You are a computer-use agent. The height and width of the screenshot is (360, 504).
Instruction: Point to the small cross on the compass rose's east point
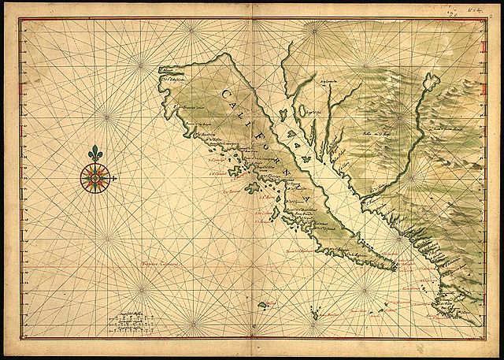tap(115, 180)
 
